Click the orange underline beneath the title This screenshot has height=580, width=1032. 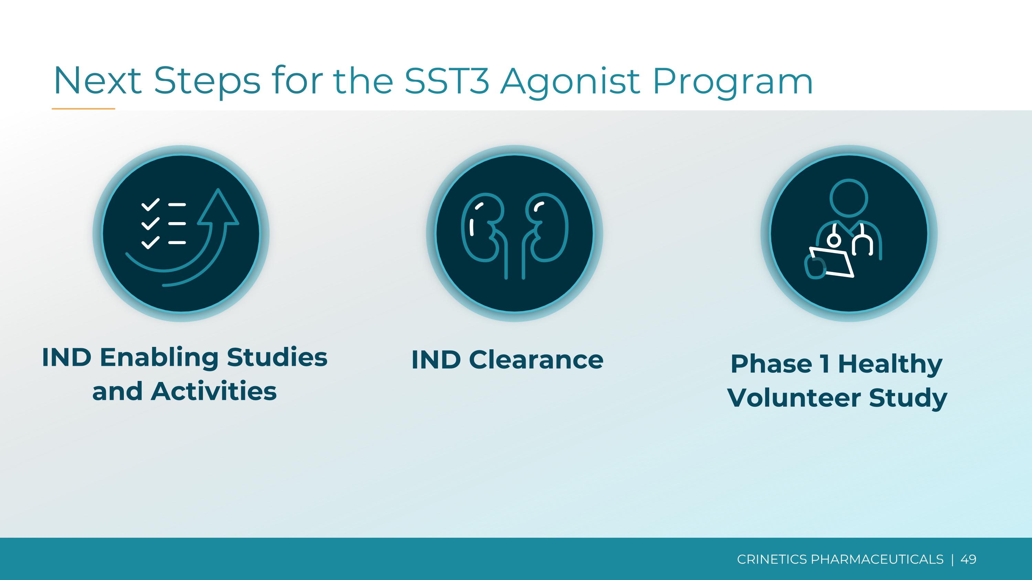83,109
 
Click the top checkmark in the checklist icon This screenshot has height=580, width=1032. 151,205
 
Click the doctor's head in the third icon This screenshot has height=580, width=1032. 849,198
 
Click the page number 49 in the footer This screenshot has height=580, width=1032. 968,559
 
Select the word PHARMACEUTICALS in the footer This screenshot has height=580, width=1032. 877,559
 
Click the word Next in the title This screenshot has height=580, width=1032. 98,80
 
